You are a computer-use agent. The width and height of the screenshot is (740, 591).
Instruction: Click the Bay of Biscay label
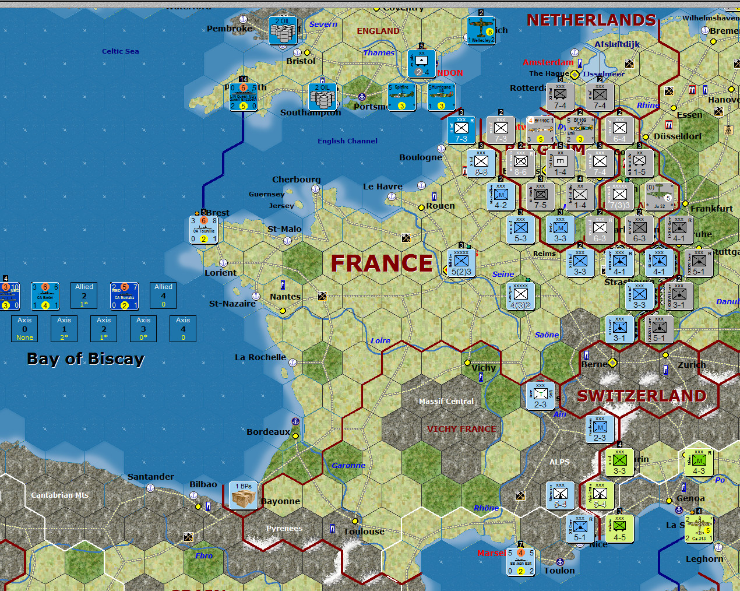tap(86, 358)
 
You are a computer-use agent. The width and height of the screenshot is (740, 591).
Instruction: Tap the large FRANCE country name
tap(382, 263)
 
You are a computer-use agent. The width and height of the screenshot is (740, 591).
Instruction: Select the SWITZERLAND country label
tap(642, 396)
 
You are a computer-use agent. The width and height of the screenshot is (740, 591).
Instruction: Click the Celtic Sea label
tap(120, 51)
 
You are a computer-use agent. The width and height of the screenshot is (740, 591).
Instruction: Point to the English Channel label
tap(347, 141)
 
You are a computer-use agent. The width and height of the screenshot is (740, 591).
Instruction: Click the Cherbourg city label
tap(296, 180)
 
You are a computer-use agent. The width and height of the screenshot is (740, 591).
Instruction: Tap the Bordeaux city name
tap(268, 432)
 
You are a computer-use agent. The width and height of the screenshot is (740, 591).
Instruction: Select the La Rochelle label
tap(260, 357)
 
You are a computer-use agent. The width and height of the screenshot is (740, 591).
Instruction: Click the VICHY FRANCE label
tap(461, 429)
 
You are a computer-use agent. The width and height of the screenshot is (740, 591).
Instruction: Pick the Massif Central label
tap(446, 401)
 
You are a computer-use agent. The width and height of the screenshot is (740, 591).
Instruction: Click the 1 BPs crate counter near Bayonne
tap(244, 495)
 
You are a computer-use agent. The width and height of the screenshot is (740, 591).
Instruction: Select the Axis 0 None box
tap(24, 329)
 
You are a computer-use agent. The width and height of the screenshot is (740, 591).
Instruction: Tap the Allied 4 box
tap(163, 295)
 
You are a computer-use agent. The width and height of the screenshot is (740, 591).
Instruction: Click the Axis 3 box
tap(143, 329)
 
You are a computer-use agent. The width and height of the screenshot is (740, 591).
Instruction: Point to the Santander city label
tap(150, 477)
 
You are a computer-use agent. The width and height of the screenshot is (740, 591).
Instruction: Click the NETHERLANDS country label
tap(591, 20)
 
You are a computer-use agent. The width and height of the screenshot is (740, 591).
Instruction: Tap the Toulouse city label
tap(364, 532)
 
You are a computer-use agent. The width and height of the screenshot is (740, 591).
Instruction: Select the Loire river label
tap(380, 341)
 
